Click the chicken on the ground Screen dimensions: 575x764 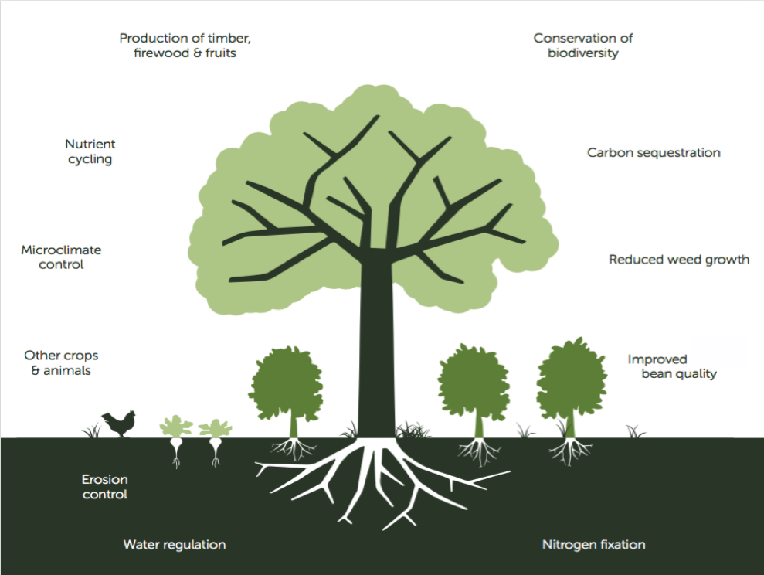120,424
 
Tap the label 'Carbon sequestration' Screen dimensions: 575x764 654,153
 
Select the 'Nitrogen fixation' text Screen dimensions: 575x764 593,545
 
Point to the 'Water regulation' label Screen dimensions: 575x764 175,545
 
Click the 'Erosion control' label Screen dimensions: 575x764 105,487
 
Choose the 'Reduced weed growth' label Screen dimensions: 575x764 678,260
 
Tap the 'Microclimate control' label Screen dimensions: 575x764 61,257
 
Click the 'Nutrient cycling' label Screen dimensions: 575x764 90,151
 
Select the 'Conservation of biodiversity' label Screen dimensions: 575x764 583,46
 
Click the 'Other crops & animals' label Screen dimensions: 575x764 62,363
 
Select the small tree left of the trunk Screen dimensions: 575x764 287,383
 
